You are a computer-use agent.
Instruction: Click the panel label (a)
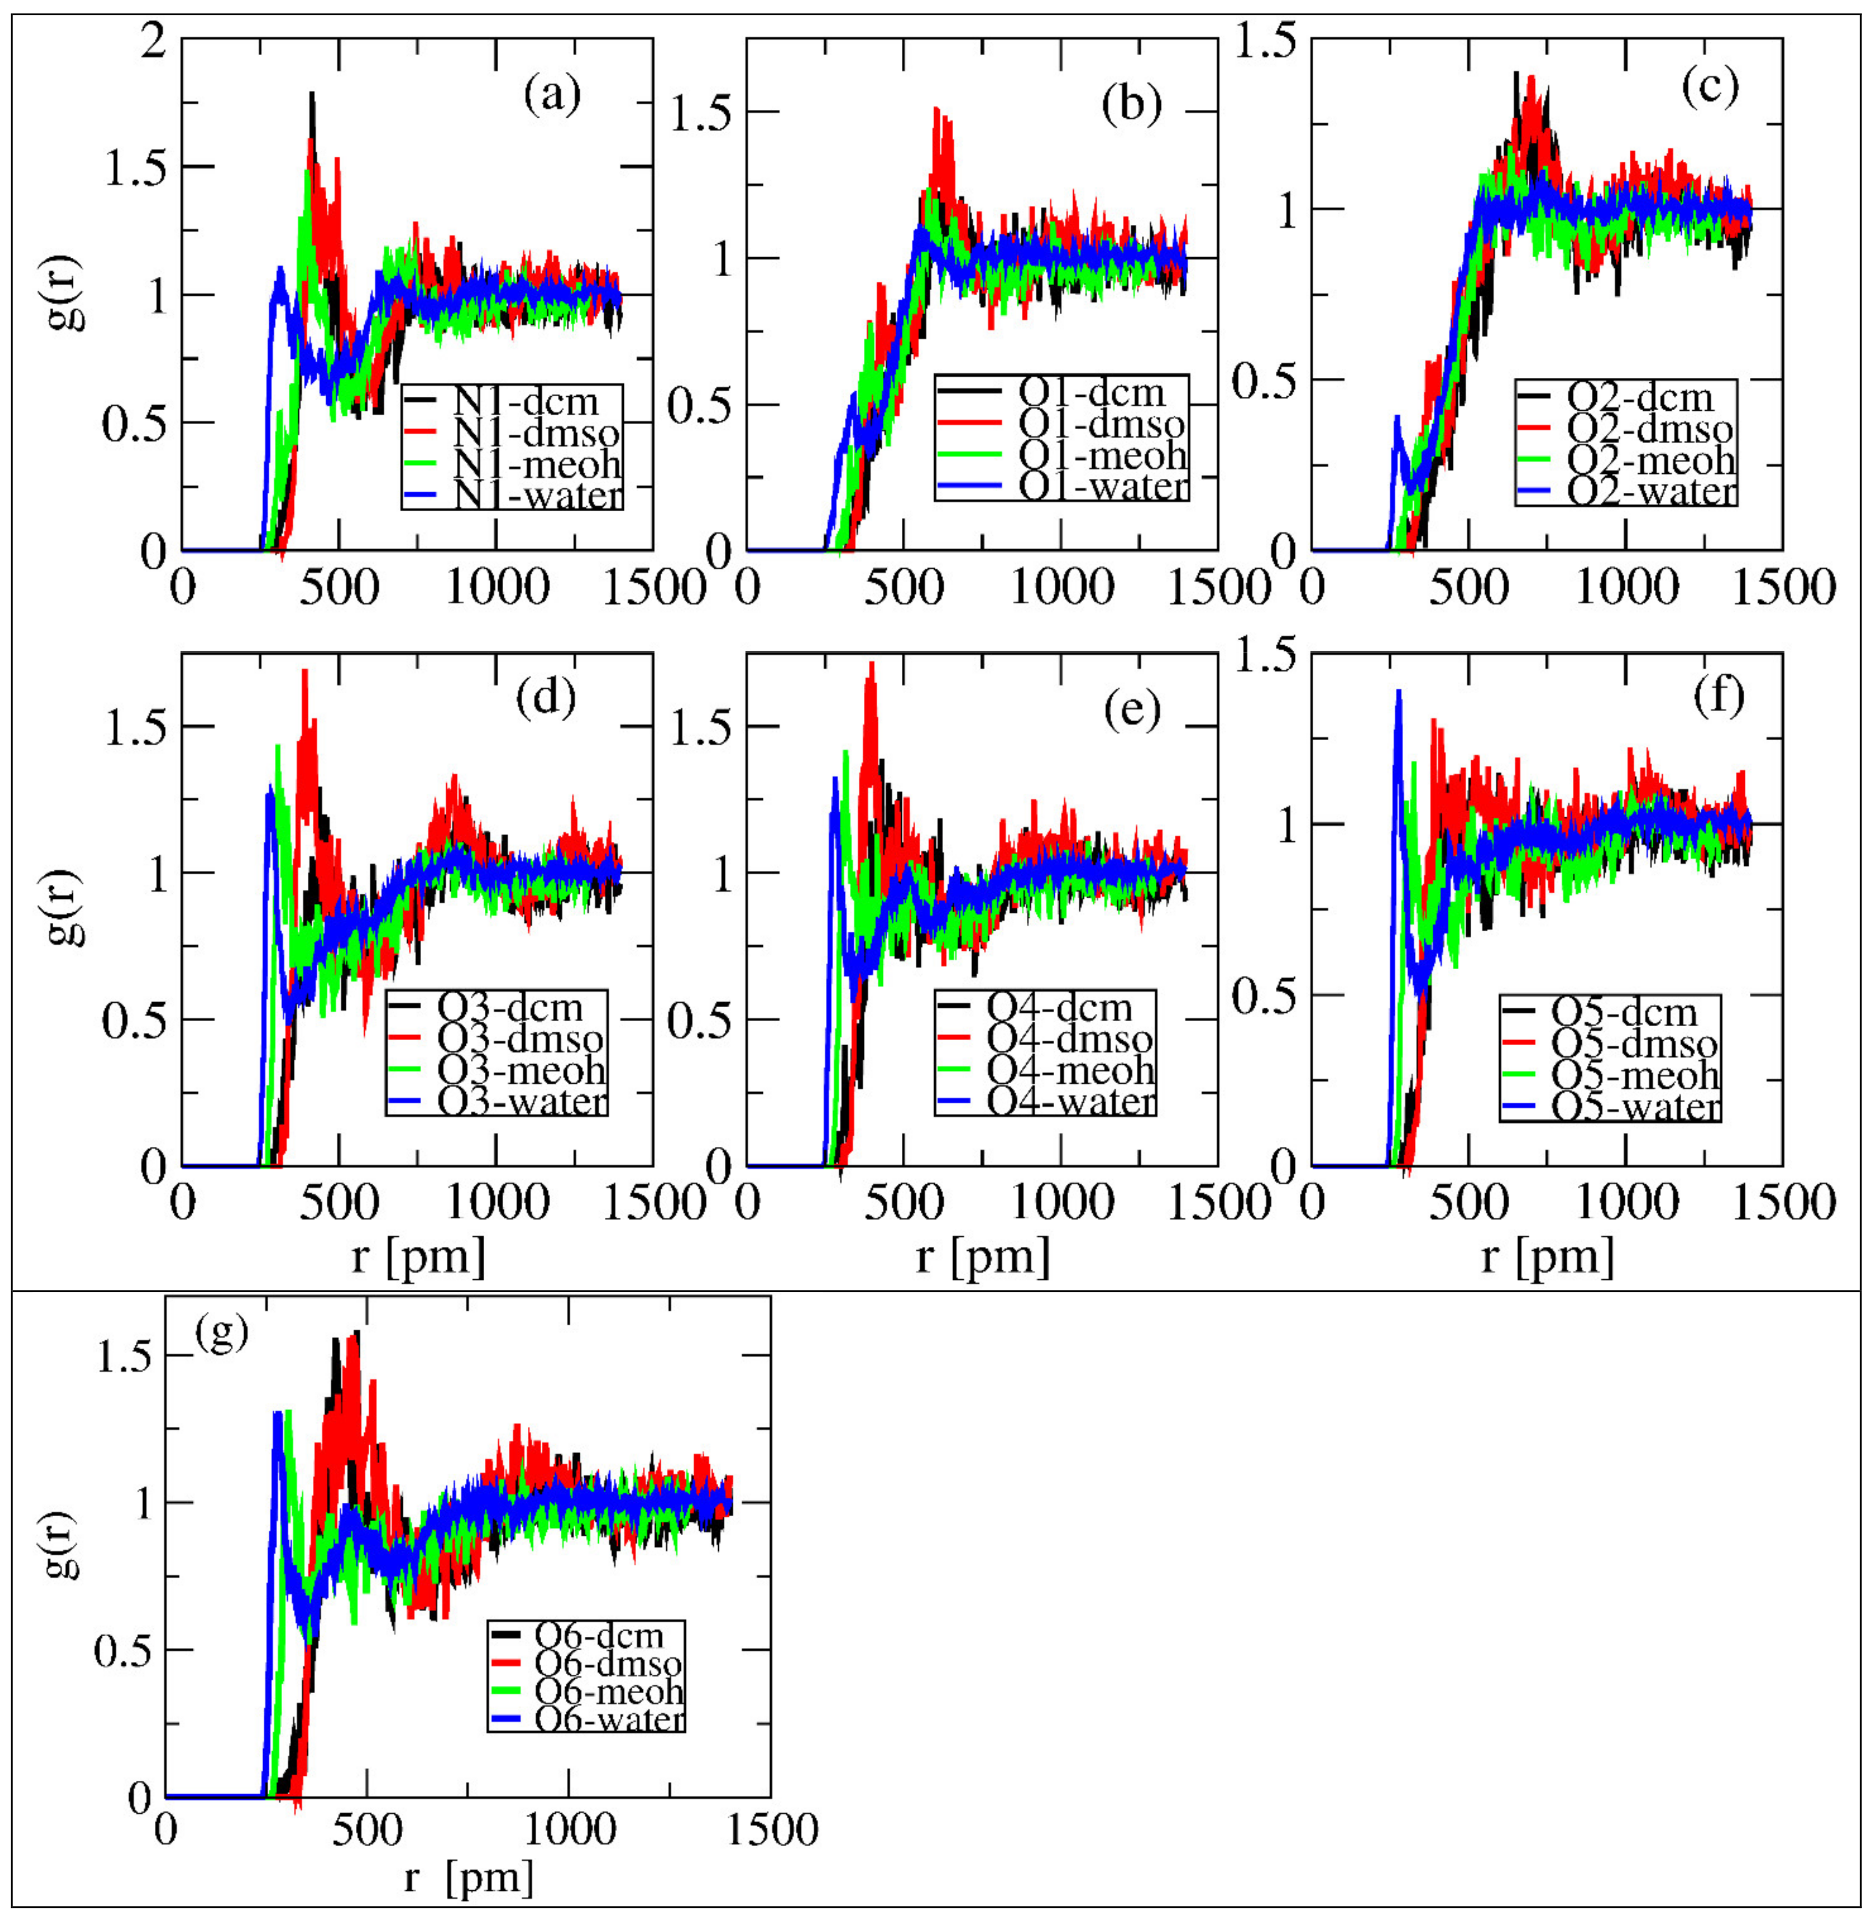click(552, 95)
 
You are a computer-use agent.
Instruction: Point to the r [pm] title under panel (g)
click(468, 1878)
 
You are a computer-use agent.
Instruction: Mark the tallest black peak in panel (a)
click(312, 95)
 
